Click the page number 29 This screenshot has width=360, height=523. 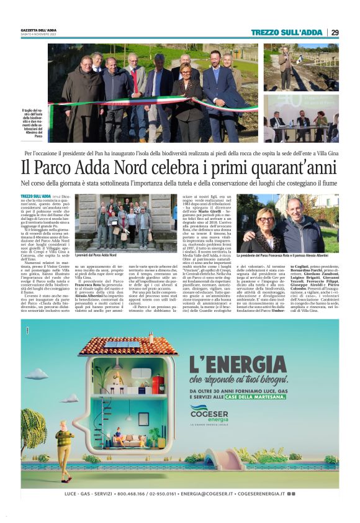tap(335, 32)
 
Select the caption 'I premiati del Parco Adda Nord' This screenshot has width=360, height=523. tap(96, 255)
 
